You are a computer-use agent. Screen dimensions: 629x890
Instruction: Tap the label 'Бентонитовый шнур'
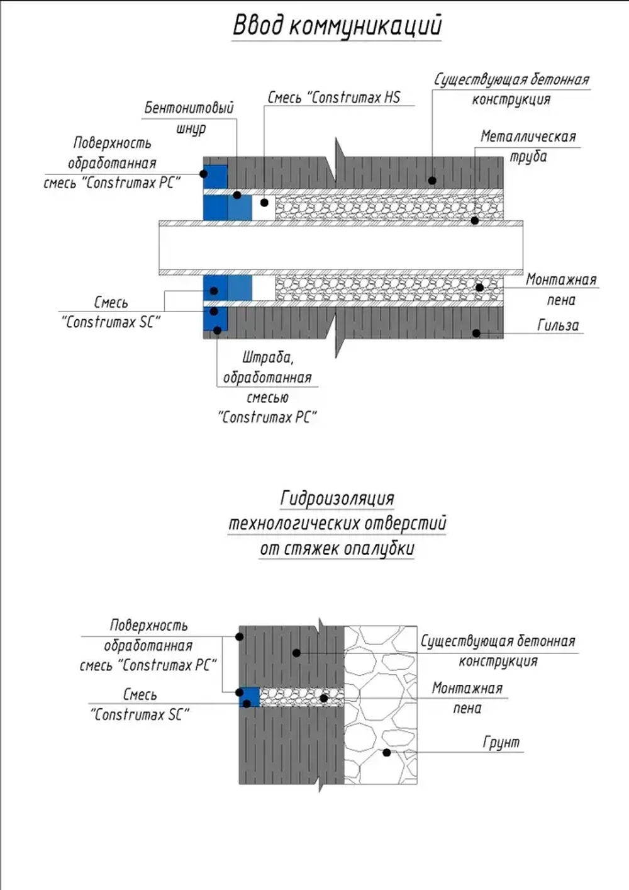(x=189, y=118)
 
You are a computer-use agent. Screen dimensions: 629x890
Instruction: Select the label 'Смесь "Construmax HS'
(x=334, y=98)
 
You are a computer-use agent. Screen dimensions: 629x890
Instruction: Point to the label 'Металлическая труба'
(x=528, y=146)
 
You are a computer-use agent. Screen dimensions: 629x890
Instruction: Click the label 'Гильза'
(x=558, y=325)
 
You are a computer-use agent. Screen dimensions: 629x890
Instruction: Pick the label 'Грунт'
(x=501, y=742)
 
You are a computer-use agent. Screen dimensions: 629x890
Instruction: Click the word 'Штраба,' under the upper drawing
(x=268, y=358)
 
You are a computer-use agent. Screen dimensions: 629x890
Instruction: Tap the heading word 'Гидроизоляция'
(x=337, y=499)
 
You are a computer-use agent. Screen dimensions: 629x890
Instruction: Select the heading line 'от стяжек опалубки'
(x=337, y=549)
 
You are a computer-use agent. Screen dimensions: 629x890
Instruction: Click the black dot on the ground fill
(x=386, y=752)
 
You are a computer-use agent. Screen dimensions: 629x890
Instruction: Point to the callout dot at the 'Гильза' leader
(x=476, y=333)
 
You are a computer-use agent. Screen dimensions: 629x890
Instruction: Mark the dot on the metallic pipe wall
(x=475, y=220)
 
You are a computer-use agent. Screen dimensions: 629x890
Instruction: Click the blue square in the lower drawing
(x=249, y=697)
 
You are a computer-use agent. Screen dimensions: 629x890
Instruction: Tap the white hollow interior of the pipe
(x=341, y=248)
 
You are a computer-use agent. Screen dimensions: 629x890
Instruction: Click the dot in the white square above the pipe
(x=264, y=203)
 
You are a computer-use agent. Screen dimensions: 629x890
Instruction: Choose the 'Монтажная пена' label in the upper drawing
(x=561, y=290)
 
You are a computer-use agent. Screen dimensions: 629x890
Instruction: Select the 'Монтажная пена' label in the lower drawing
(x=467, y=698)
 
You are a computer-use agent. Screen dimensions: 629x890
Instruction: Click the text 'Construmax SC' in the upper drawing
(x=111, y=322)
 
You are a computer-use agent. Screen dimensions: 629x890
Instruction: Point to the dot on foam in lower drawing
(x=324, y=698)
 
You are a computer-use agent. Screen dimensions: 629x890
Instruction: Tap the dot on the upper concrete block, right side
(x=433, y=181)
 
